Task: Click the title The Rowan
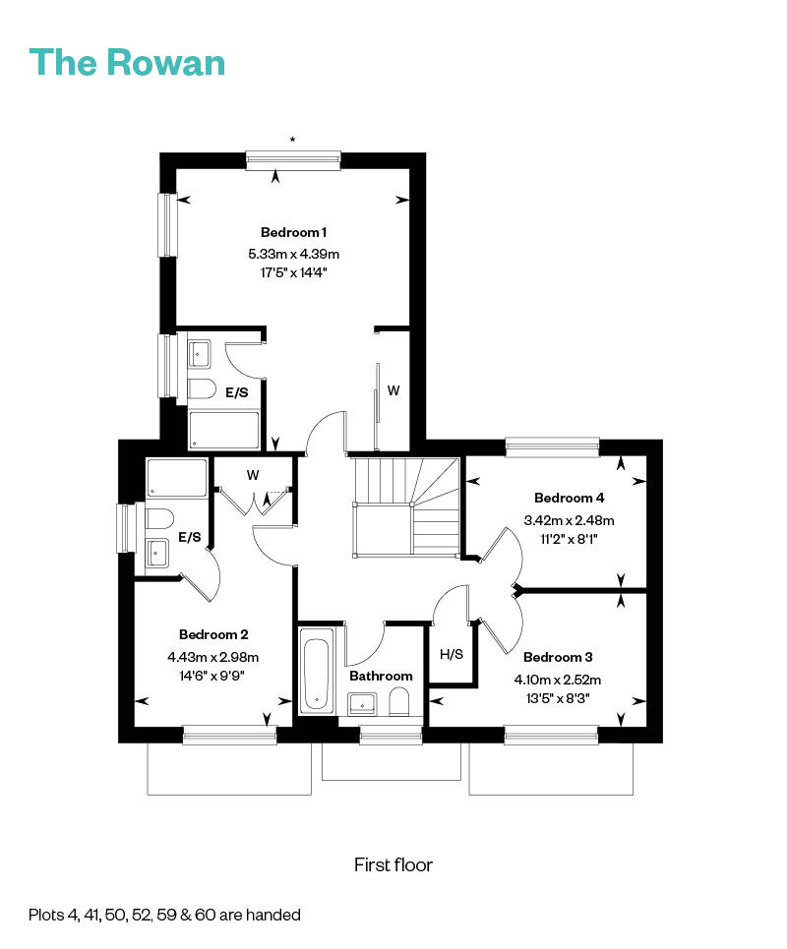[x=127, y=62]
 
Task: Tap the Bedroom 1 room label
[x=293, y=232]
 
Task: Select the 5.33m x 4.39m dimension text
[x=293, y=254]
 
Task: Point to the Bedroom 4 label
[x=569, y=499]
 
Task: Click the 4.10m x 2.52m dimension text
[x=558, y=680]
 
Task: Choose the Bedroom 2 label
[x=213, y=635]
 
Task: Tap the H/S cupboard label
[x=451, y=654]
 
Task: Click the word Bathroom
[x=381, y=676]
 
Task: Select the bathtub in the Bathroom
[x=317, y=671]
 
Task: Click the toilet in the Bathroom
[x=399, y=704]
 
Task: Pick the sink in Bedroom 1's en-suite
[x=199, y=354]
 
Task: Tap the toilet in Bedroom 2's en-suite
[x=159, y=519]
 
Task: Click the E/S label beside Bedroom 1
[x=237, y=392]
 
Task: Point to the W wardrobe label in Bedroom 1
[x=393, y=391]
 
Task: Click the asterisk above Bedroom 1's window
[x=292, y=140]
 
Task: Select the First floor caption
[x=393, y=864]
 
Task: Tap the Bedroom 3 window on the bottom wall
[x=552, y=736]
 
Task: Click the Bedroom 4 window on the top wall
[x=552, y=447]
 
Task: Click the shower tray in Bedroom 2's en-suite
[x=177, y=478]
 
